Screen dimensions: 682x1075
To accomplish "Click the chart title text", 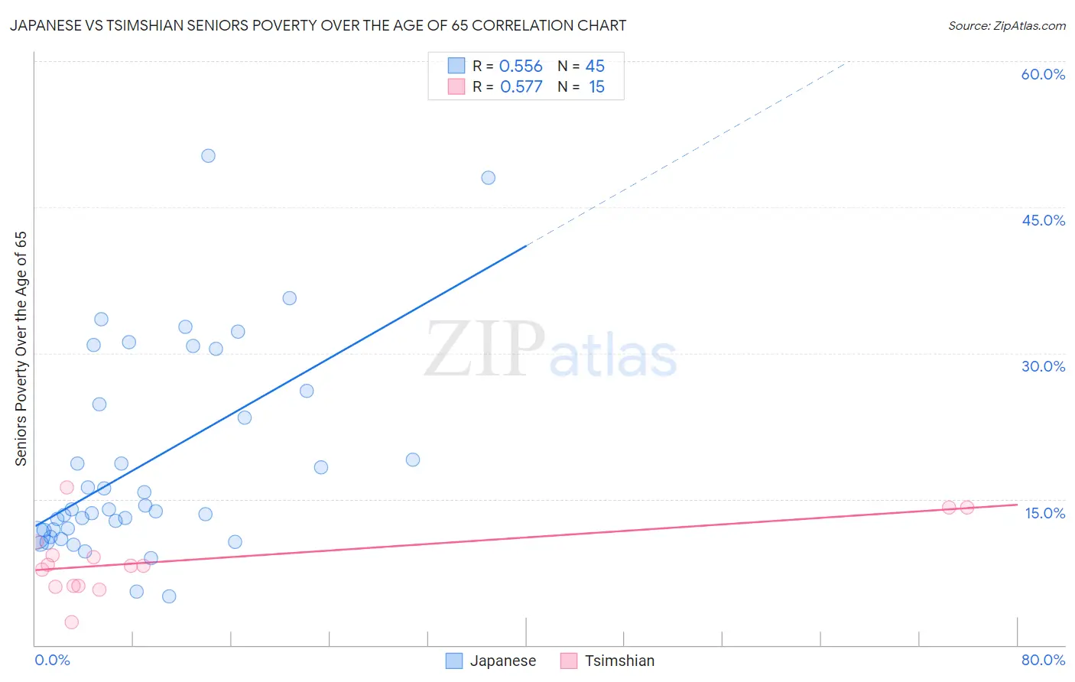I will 318,25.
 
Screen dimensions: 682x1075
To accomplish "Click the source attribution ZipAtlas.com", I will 1006,25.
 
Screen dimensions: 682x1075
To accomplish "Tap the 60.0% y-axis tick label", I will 1043,74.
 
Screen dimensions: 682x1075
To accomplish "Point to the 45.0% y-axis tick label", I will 1043,220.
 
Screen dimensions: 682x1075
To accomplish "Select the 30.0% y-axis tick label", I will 1043,366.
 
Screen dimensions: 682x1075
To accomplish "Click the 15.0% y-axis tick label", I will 1044,513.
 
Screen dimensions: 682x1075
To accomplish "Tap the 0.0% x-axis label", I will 52,660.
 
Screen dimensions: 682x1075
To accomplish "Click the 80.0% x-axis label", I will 1043,660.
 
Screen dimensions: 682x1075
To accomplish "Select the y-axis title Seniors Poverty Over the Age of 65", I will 21,349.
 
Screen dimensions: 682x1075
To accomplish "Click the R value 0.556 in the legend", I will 521,67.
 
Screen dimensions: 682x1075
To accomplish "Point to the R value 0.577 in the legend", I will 521,87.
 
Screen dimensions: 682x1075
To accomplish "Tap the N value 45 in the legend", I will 595,67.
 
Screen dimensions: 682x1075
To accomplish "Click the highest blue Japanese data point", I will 208,156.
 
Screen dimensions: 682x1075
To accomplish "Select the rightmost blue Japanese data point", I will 488,178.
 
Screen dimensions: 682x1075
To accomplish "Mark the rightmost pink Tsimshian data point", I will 966,508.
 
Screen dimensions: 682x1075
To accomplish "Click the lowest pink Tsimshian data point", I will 71,622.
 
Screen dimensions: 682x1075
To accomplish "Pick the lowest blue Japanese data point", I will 169,596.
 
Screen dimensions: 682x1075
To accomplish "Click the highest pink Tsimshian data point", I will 67,488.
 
